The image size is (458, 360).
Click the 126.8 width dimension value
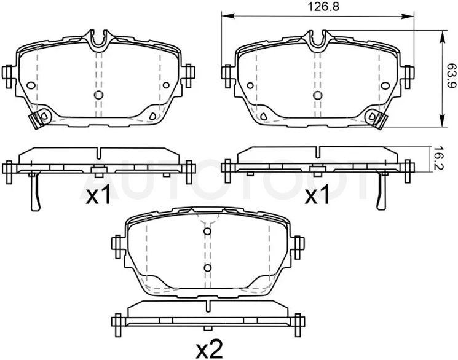[323, 6]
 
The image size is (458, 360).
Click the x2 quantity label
[210, 349]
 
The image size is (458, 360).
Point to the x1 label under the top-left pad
[98, 195]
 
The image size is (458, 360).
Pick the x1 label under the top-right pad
[317, 195]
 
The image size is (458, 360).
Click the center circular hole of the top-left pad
[99, 95]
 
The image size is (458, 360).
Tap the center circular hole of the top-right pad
[317, 95]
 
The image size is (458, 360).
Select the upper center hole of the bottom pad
[207, 231]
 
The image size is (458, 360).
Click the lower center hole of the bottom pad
[207, 268]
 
